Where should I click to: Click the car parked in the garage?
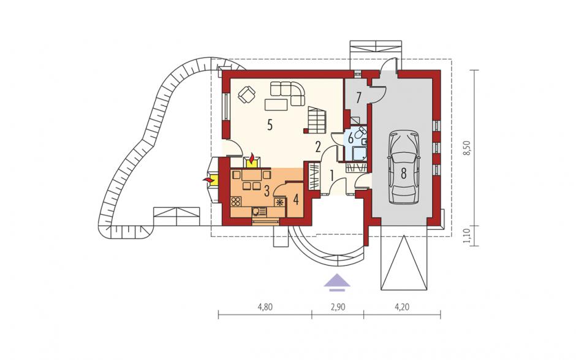pyautogui.click(x=403, y=167)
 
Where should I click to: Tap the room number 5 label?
pyautogui.click(x=270, y=126)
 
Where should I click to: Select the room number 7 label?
pyautogui.click(x=359, y=98)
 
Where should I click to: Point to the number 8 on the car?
pyautogui.click(x=403, y=173)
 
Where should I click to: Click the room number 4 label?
pyautogui.click(x=296, y=200)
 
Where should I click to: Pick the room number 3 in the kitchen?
pyautogui.click(x=267, y=191)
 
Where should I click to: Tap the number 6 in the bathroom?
pyautogui.click(x=351, y=139)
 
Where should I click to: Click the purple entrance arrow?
pyautogui.click(x=337, y=283)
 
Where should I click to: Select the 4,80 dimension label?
pyautogui.click(x=265, y=307)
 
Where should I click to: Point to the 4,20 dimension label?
pyautogui.click(x=401, y=307)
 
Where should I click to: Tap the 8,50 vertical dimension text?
pyautogui.click(x=466, y=148)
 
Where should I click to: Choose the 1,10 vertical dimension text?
pyautogui.click(x=466, y=236)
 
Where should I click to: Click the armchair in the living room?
pyautogui.click(x=247, y=94)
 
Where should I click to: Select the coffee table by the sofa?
pyautogui.click(x=276, y=104)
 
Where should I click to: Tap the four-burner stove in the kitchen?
pyautogui.click(x=236, y=202)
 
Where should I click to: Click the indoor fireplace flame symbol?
pyautogui.click(x=252, y=159)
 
